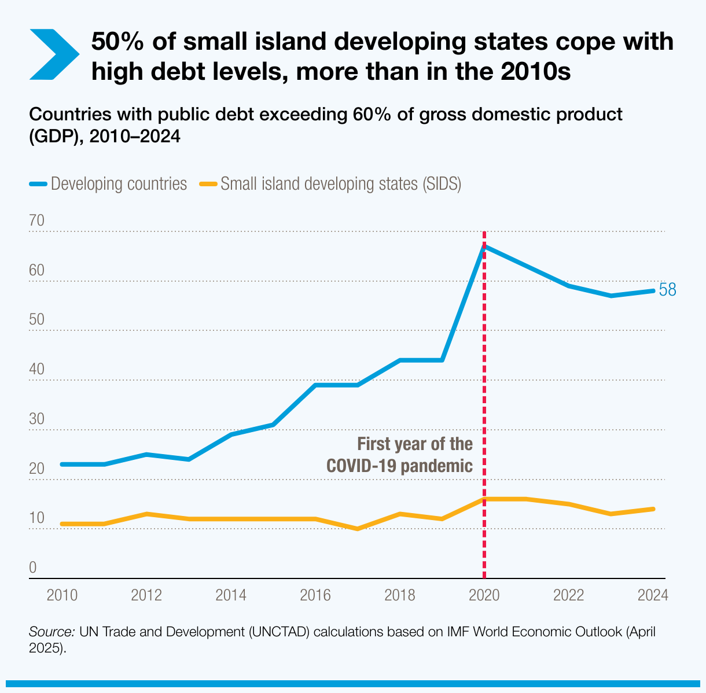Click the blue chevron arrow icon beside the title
coord(53,54)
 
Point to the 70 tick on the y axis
coord(36,221)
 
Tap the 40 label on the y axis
coord(36,369)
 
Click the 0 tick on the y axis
coord(33,567)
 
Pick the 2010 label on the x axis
coord(62,595)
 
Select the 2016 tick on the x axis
coord(315,595)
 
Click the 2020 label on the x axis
coord(484,595)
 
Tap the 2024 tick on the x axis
coord(653,595)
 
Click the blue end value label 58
coord(667,290)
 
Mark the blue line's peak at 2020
coord(484,246)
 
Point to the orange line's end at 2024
coord(653,509)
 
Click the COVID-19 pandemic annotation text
coord(399,455)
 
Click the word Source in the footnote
coord(52,632)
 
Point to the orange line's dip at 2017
coord(358,529)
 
